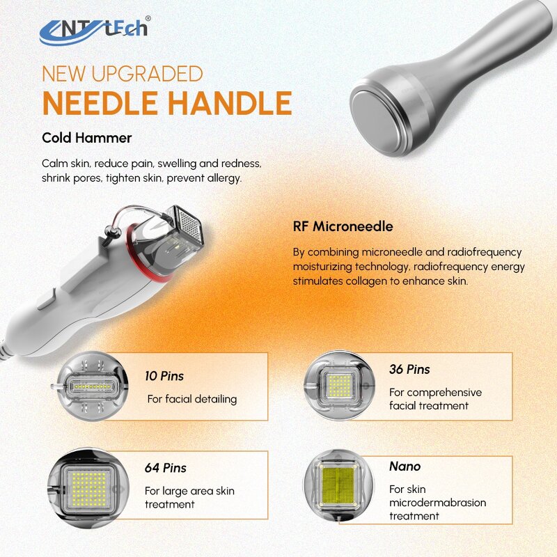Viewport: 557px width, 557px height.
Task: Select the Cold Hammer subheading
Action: pos(86,138)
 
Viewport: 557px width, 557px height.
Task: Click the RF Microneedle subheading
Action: pos(343,226)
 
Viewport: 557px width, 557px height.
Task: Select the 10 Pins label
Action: pos(164,376)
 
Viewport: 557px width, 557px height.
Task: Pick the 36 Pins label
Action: pos(409,369)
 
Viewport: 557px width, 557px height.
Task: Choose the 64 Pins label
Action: pos(166,468)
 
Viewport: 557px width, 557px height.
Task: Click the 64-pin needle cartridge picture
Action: pos(93,485)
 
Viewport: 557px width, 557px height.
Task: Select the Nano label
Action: pos(405,466)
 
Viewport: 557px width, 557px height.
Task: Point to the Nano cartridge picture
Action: pos(338,485)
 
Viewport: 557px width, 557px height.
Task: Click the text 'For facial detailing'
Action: pos(191,399)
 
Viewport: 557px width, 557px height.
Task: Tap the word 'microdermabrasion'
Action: pos(437,503)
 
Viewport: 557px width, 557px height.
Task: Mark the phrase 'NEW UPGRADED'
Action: pos(122,73)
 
